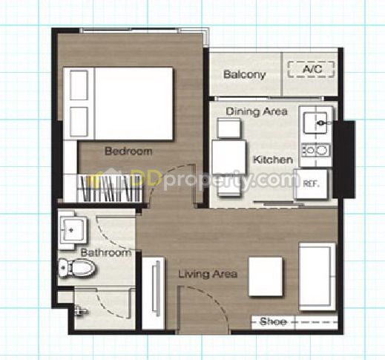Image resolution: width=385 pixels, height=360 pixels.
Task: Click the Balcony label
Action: click(x=244, y=74)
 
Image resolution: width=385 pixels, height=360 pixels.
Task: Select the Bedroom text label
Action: click(x=128, y=151)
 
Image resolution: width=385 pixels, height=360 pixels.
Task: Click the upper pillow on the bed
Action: click(x=79, y=85)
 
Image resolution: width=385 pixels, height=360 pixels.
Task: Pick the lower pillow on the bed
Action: click(x=79, y=122)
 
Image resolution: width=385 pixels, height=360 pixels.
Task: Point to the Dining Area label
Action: click(x=257, y=111)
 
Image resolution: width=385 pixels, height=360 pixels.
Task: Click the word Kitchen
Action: click(x=273, y=160)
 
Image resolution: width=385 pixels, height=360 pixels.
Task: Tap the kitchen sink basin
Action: click(x=315, y=122)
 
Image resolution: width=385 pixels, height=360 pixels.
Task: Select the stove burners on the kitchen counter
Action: click(x=316, y=150)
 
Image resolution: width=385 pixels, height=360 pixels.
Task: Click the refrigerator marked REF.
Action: click(x=312, y=184)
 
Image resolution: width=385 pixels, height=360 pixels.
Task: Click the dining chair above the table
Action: click(x=228, y=128)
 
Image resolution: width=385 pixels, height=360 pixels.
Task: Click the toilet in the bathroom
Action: click(x=77, y=268)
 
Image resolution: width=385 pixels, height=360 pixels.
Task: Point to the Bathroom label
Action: click(x=105, y=252)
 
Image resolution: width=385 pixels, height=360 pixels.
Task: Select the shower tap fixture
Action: click(x=80, y=310)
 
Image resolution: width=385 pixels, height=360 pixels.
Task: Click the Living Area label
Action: click(x=208, y=274)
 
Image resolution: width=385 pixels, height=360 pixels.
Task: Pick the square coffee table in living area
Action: click(x=266, y=276)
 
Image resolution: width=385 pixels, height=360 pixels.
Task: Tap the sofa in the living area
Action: click(x=317, y=277)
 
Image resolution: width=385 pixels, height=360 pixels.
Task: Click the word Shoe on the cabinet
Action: click(x=273, y=321)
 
